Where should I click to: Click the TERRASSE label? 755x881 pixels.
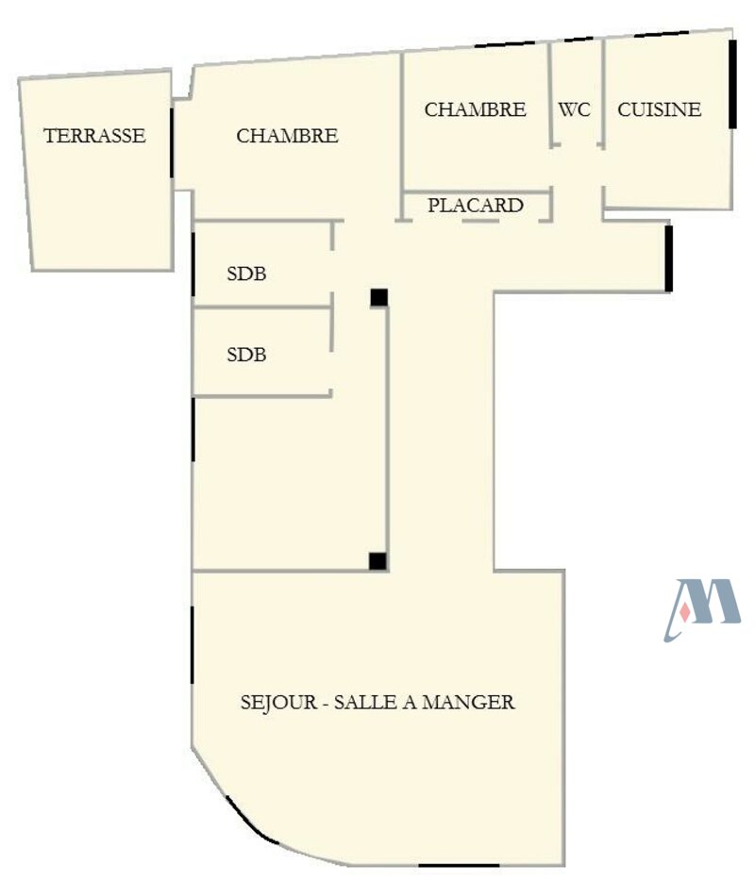point(94,136)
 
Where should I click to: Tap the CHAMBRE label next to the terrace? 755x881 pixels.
point(287,136)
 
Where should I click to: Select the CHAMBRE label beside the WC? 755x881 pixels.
point(475,109)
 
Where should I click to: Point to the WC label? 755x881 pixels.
point(574,109)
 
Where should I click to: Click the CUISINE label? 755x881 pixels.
point(660,109)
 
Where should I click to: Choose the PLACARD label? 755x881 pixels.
point(476,206)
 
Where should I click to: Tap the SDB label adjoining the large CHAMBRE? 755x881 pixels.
point(246,274)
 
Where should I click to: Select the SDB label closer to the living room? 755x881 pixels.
point(246,356)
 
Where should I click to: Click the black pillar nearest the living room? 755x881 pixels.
point(377,561)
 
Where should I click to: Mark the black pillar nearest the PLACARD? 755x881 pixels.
point(378,297)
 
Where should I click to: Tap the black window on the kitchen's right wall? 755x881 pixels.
point(732,85)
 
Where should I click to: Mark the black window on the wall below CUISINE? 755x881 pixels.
point(669,258)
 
